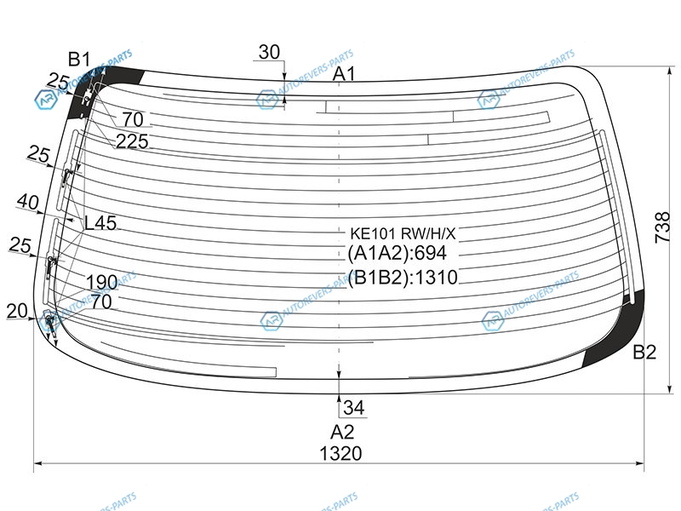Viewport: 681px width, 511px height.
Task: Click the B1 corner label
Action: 79,59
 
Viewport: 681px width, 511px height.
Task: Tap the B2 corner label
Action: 644,352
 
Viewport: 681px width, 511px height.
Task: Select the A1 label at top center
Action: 344,74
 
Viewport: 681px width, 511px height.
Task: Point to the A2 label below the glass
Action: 342,432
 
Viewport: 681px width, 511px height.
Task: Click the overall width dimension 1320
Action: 340,453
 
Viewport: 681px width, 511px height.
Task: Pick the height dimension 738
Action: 663,227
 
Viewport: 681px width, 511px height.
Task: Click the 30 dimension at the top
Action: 269,52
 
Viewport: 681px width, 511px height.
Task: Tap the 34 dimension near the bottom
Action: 354,408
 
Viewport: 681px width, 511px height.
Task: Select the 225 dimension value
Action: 132,141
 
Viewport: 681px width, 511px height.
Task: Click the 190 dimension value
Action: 101,282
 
